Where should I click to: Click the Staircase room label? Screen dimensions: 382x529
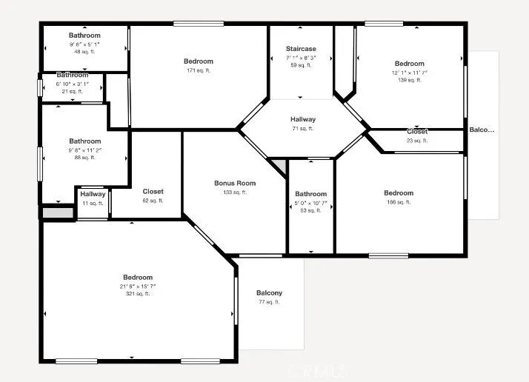pos(301,49)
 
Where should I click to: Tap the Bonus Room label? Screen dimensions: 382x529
pos(235,184)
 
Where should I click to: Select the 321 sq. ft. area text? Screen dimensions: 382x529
pos(138,294)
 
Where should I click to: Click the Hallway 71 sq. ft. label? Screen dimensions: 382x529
pos(303,119)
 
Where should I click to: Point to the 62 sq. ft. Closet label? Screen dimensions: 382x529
pos(153,192)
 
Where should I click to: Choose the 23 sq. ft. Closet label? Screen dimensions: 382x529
pos(417,132)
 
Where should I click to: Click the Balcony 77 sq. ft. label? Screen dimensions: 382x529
pos(270,293)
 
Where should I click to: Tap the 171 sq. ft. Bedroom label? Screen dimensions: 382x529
pos(199,61)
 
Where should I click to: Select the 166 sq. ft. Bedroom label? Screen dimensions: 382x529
pos(399,193)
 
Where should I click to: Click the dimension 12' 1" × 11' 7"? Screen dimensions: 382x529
pos(410,73)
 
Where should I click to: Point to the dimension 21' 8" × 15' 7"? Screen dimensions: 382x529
pos(138,286)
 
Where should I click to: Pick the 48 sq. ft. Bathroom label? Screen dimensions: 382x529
pos(84,36)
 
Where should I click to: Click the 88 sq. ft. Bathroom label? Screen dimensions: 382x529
pos(84,141)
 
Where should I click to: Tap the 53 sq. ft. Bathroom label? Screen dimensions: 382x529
pos(310,194)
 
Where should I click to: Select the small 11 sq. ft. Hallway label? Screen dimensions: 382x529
pos(93,195)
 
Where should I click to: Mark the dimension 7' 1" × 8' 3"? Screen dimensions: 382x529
pos(301,57)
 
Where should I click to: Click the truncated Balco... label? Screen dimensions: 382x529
pos(482,130)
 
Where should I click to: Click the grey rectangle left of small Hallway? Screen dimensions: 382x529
pos(58,212)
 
